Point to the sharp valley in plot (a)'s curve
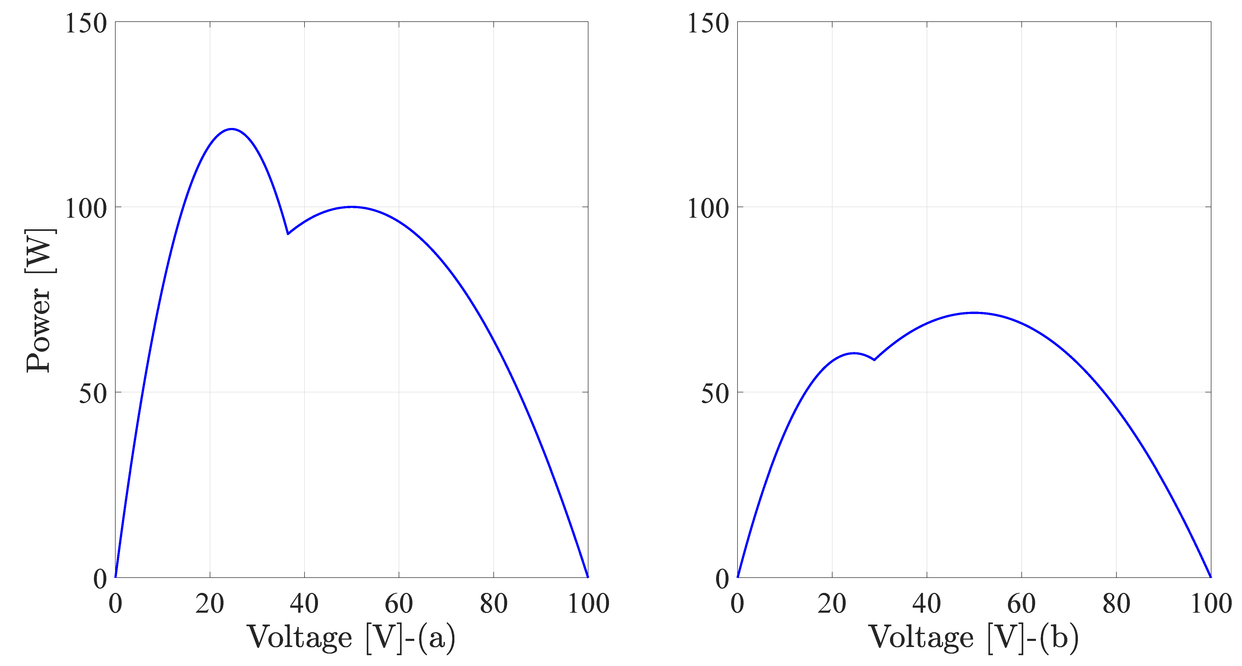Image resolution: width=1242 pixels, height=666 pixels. click(x=288, y=234)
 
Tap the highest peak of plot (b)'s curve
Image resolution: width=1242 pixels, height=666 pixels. click(x=974, y=312)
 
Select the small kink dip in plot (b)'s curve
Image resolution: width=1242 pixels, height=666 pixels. click(x=874, y=360)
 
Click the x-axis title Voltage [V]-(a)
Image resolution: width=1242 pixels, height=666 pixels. click(x=351, y=638)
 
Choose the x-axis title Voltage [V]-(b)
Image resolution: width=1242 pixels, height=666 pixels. click(x=973, y=638)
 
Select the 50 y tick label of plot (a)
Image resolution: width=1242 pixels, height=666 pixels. click(x=93, y=393)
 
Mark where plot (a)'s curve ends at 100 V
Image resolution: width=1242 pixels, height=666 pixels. click(x=587, y=576)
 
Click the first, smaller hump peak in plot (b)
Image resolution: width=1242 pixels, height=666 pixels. click(x=854, y=353)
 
